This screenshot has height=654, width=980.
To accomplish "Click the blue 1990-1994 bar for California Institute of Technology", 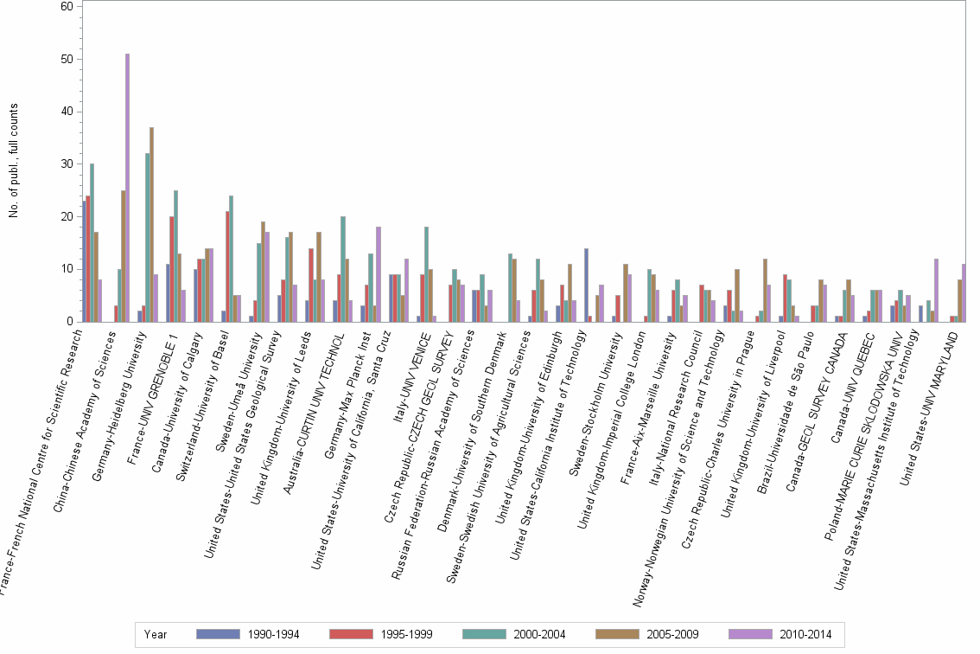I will click(586, 285).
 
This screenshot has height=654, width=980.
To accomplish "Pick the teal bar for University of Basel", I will click(231, 259).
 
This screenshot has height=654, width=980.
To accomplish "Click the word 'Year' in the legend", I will click(156, 634).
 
